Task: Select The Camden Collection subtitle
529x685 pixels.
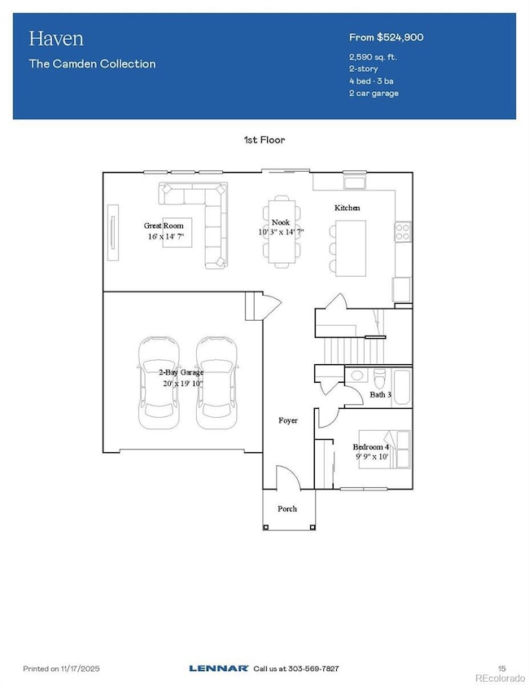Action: click(x=92, y=64)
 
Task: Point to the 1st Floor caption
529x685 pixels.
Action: click(x=264, y=140)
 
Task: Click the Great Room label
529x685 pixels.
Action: click(x=164, y=226)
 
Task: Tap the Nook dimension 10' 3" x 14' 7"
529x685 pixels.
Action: click(x=281, y=232)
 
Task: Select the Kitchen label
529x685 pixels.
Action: click(x=347, y=208)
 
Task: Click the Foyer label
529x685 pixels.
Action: click(x=288, y=420)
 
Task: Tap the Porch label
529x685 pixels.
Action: click(x=286, y=508)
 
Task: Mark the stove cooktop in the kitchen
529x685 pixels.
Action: click(x=402, y=232)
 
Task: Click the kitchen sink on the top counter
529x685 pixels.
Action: click(x=356, y=182)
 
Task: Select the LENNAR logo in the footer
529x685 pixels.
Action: click(x=218, y=668)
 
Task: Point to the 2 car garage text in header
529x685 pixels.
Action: click(x=373, y=93)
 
